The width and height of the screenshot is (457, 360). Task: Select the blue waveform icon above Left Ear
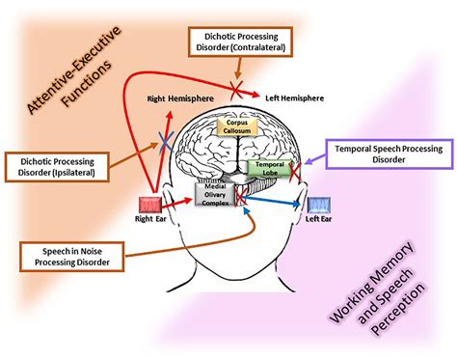coord(318,205)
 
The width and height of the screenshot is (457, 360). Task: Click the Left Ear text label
coord(318,219)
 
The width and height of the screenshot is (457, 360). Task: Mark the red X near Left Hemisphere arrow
coord(236,88)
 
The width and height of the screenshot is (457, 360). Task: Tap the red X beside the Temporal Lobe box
coord(295,172)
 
